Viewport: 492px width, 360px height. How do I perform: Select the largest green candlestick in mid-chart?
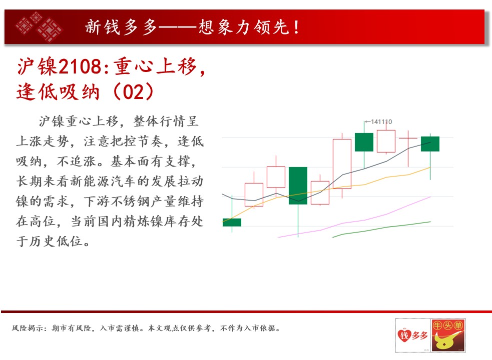tap(298, 185)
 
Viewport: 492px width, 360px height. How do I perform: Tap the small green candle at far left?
tap(232, 222)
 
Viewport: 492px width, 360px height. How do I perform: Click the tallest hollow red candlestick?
tap(342, 163)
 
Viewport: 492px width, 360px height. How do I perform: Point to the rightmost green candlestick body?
tap(430, 144)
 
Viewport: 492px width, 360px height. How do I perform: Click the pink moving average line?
tap(354, 217)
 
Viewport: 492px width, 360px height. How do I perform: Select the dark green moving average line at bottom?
tap(381, 229)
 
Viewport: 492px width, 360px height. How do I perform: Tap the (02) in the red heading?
tap(133, 92)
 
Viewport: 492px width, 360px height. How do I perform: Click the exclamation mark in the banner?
tap(296, 27)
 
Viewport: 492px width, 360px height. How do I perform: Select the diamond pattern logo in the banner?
tap(39, 26)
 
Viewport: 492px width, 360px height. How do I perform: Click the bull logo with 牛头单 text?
tap(448, 335)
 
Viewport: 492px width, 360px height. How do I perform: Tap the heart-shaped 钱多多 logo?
tap(412, 335)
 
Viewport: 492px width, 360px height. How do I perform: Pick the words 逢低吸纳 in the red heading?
tap(58, 92)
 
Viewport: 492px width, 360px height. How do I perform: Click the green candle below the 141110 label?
tap(364, 142)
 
